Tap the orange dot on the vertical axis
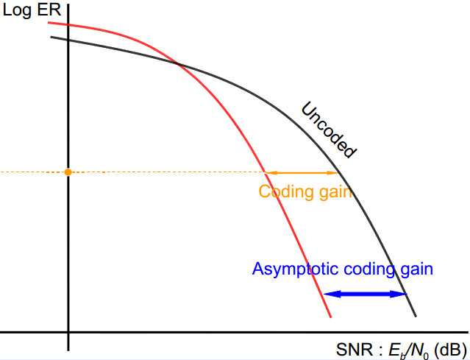click(x=68, y=172)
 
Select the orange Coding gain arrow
click(x=302, y=172)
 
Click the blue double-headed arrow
click(x=366, y=294)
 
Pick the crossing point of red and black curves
click(x=177, y=63)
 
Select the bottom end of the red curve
click(x=331, y=317)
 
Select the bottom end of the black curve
click(x=416, y=317)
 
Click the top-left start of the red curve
click(x=49, y=23)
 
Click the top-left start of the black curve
click(x=51, y=36)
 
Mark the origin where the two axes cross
click(x=68, y=332)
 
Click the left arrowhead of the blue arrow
click(x=328, y=294)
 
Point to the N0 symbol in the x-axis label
click(x=421, y=350)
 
